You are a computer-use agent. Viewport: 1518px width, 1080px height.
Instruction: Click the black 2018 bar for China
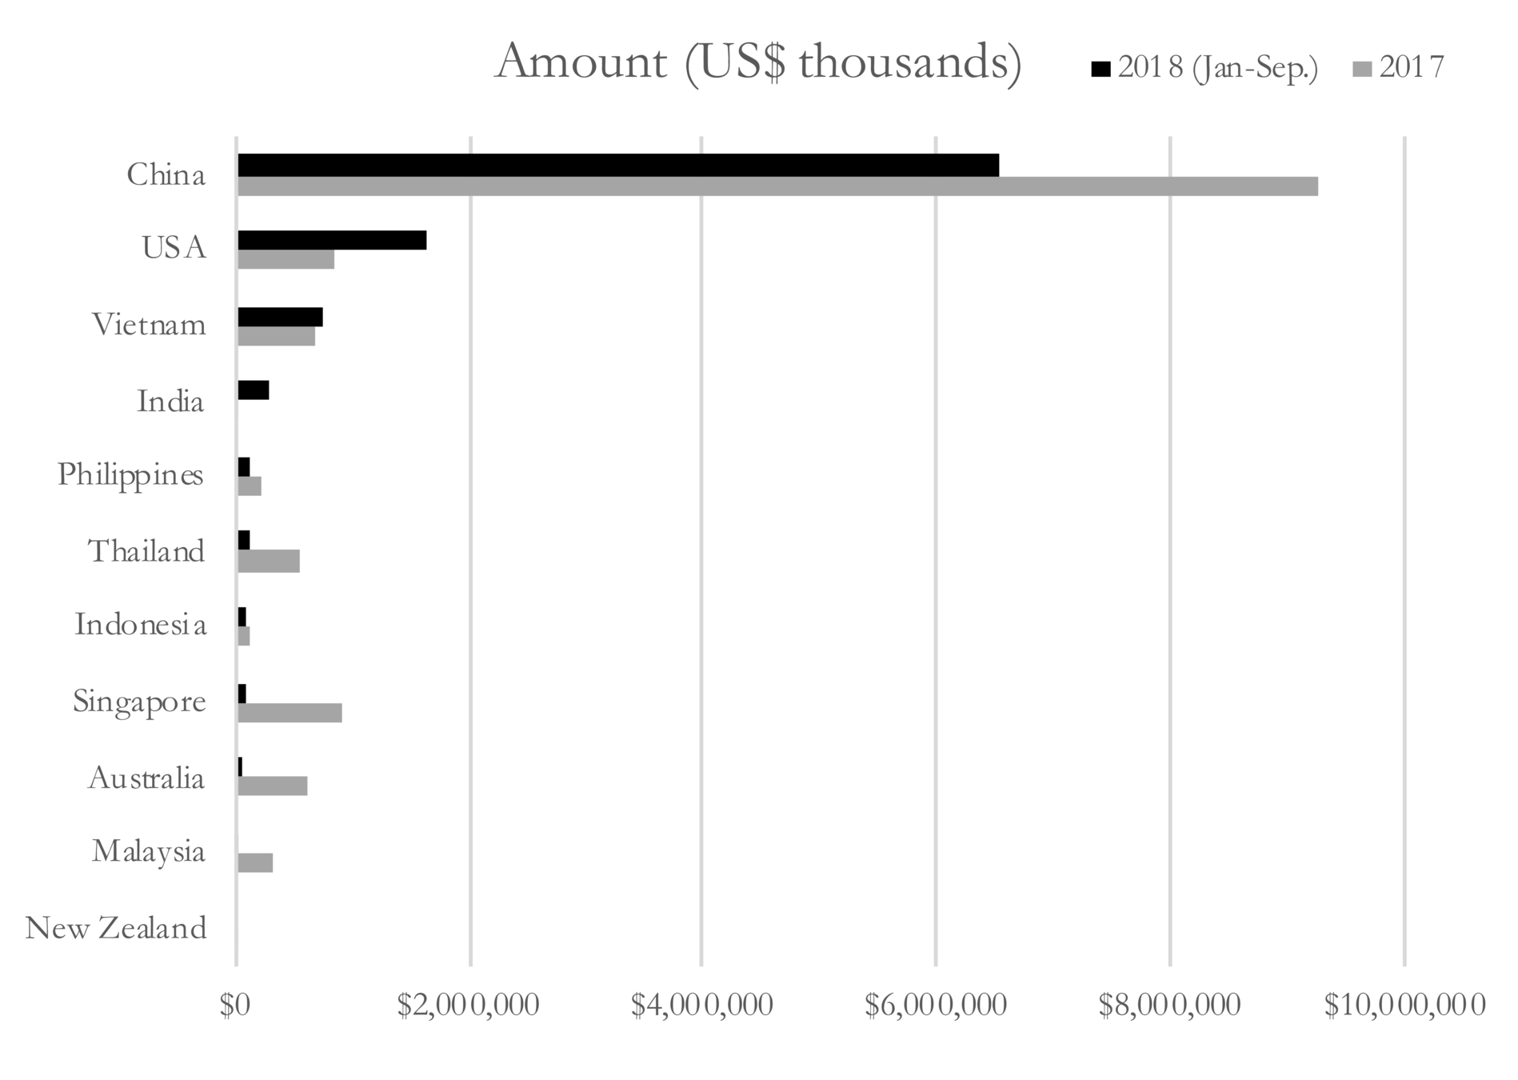pyautogui.click(x=617, y=165)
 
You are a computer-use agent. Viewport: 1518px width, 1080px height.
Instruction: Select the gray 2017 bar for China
pyautogui.click(x=777, y=186)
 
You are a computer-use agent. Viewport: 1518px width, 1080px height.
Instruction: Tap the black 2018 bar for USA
pyautogui.click(x=332, y=240)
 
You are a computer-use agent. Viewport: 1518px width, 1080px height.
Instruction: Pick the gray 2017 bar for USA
pyautogui.click(x=286, y=259)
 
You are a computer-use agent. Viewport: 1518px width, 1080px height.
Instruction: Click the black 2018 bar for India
pyautogui.click(x=253, y=390)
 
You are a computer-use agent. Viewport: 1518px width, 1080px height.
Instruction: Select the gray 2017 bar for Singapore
pyautogui.click(x=290, y=713)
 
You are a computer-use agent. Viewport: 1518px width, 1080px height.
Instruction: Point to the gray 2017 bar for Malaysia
pyautogui.click(x=255, y=862)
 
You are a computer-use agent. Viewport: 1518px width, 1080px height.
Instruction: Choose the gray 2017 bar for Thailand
pyautogui.click(x=269, y=562)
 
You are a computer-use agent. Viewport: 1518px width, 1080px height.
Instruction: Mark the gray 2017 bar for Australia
pyautogui.click(x=272, y=786)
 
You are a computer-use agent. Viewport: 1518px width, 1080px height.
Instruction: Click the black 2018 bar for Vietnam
pyautogui.click(x=280, y=317)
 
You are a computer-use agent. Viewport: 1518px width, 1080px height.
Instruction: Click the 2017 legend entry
pyautogui.click(x=1400, y=68)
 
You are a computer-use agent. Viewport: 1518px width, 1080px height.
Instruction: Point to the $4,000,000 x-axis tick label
pyautogui.click(x=701, y=1006)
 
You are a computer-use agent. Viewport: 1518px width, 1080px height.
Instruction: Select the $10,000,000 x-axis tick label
pyautogui.click(x=1404, y=1006)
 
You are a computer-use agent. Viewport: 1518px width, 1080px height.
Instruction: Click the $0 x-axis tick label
pyautogui.click(x=235, y=1006)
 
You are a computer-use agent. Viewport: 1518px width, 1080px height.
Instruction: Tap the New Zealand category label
pyautogui.click(x=116, y=929)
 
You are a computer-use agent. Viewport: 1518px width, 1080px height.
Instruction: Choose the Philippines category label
pyautogui.click(x=130, y=475)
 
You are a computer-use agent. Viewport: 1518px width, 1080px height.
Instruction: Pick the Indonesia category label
pyautogui.click(x=140, y=625)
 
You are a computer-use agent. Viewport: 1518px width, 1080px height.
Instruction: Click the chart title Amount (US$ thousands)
pyautogui.click(x=758, y=62)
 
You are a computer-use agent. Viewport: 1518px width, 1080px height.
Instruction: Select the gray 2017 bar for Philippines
pyautogui.click(x=250, y=486)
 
